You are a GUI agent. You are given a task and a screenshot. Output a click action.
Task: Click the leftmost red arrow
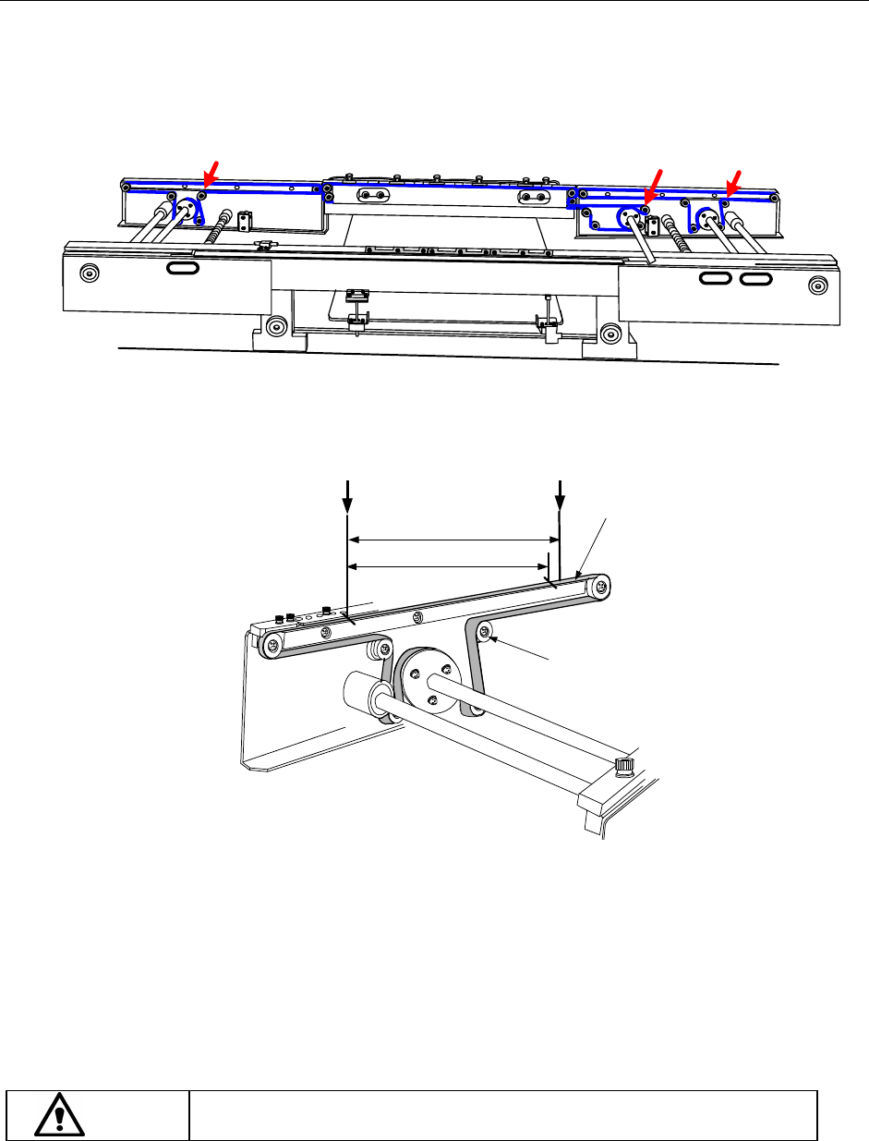pyautogui.click(x=211, y=172)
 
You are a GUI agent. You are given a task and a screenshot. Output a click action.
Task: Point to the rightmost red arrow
pyautogui.click(x=734, y=181)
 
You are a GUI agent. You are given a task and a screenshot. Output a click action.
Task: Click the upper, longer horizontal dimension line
pyautogui.click(x=453, y=540)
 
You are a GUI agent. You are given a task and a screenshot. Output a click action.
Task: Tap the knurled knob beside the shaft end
pyautogui.click(x=625, y=765)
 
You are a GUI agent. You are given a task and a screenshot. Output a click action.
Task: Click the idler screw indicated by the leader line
pyautogui.click(x=486, y=632)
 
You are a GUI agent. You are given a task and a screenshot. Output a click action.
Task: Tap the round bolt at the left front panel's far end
pyautogui.click(x=89, y=273)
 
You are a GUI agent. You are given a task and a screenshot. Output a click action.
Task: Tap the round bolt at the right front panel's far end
pyautogui.click(x=816, y=284)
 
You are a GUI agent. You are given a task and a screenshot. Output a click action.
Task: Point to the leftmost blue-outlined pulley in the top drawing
pyautogui.click(x=187, y=210)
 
